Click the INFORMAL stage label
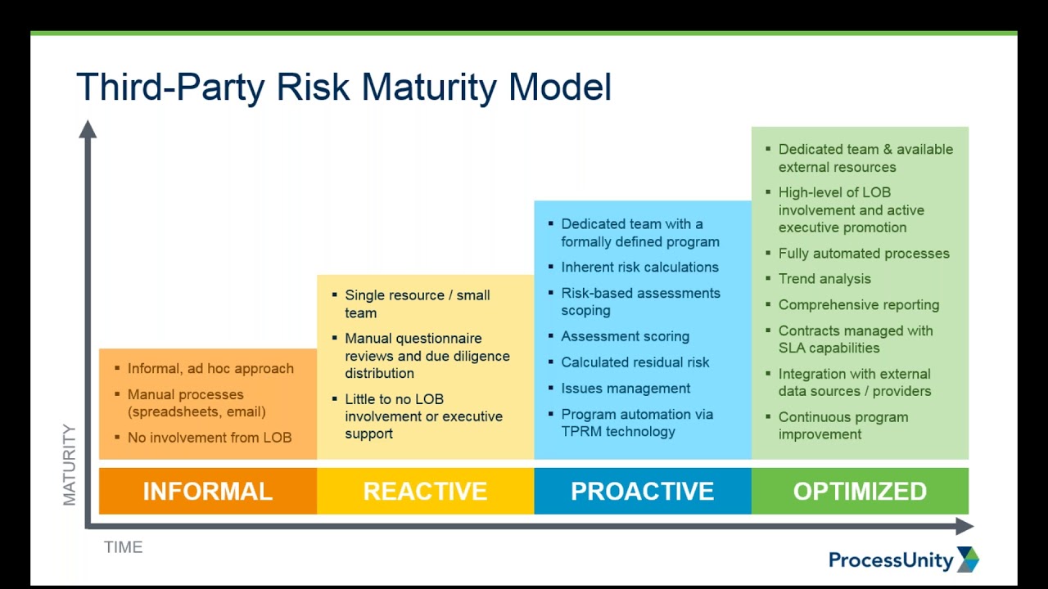[207, 491]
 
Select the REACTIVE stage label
[425, 491]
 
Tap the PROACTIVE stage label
[642, 491]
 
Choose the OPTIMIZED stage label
[860, 491]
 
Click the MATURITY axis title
[70, 465]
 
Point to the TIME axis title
[123, 547]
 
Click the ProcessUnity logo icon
[968, 560]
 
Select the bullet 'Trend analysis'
[824, 279]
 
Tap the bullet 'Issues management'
[625, 389]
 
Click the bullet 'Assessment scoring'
[625, 336]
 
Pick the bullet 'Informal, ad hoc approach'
[210, 369]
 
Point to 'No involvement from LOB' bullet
[209, 438]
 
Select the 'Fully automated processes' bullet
[863, 254]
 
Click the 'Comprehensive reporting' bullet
[858, 305]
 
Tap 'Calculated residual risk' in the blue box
[635, 362]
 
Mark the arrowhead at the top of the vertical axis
[88, 128]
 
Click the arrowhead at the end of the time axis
[965, 527]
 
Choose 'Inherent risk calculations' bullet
[639, 268]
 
